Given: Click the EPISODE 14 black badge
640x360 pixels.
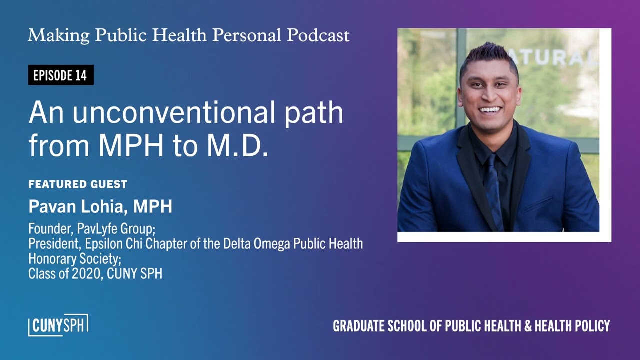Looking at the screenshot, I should coord(60,75).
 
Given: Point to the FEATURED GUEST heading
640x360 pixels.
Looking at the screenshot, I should coord(78,184).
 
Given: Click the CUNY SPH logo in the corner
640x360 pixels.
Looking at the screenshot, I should coord(58,325).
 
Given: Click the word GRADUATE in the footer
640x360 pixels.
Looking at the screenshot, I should coord(359,326).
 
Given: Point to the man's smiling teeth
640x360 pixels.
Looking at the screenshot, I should coord(490,109).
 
